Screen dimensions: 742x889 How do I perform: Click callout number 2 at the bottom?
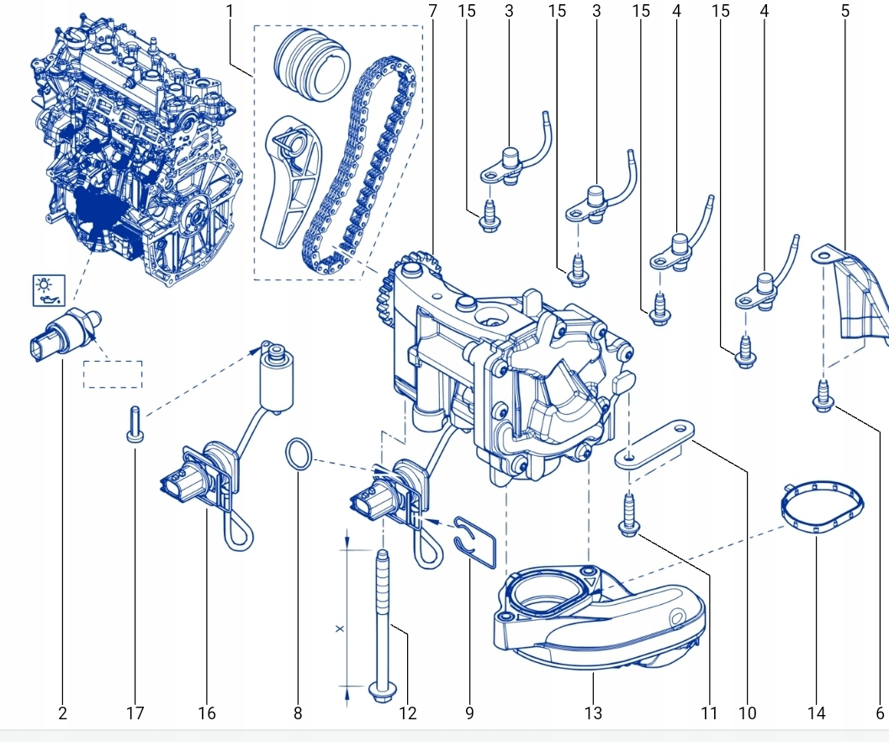tap(62, 713)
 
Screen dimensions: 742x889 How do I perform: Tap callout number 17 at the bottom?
tap(135, 713)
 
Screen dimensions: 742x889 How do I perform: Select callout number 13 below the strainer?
tap(593, 713)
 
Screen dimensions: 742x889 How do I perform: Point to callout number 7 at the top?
tap(432, 11)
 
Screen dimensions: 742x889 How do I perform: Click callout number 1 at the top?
tap(230, 11)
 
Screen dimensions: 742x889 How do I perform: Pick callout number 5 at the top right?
tap(845, 11)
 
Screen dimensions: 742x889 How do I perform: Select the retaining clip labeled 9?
tap(480, 538)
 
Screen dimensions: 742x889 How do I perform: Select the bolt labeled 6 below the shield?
tap(823, 396)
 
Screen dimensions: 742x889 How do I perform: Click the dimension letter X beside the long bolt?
tap(339, 628)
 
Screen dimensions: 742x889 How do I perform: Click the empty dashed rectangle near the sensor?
tap(113, 374)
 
